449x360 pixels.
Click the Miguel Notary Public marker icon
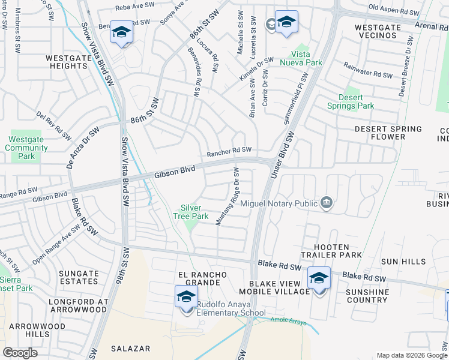point(326,203)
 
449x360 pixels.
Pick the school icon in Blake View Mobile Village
point(319,278)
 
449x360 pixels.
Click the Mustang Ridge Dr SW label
point(229,197)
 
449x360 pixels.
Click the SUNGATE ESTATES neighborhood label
point(79,278)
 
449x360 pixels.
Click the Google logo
point(20,352)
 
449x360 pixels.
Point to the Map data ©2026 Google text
point(412,355)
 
